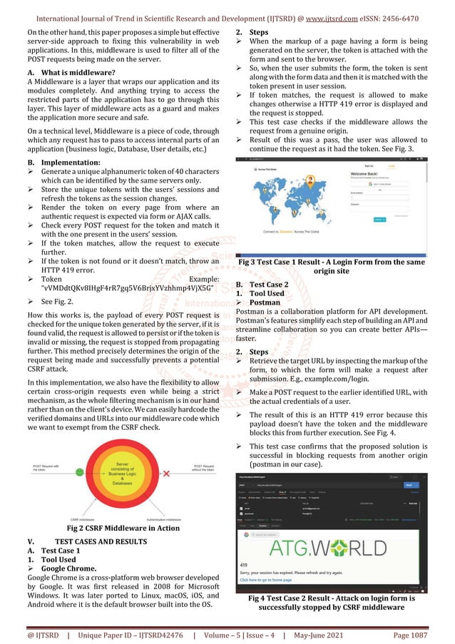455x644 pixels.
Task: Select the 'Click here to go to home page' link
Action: (278, 580)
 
